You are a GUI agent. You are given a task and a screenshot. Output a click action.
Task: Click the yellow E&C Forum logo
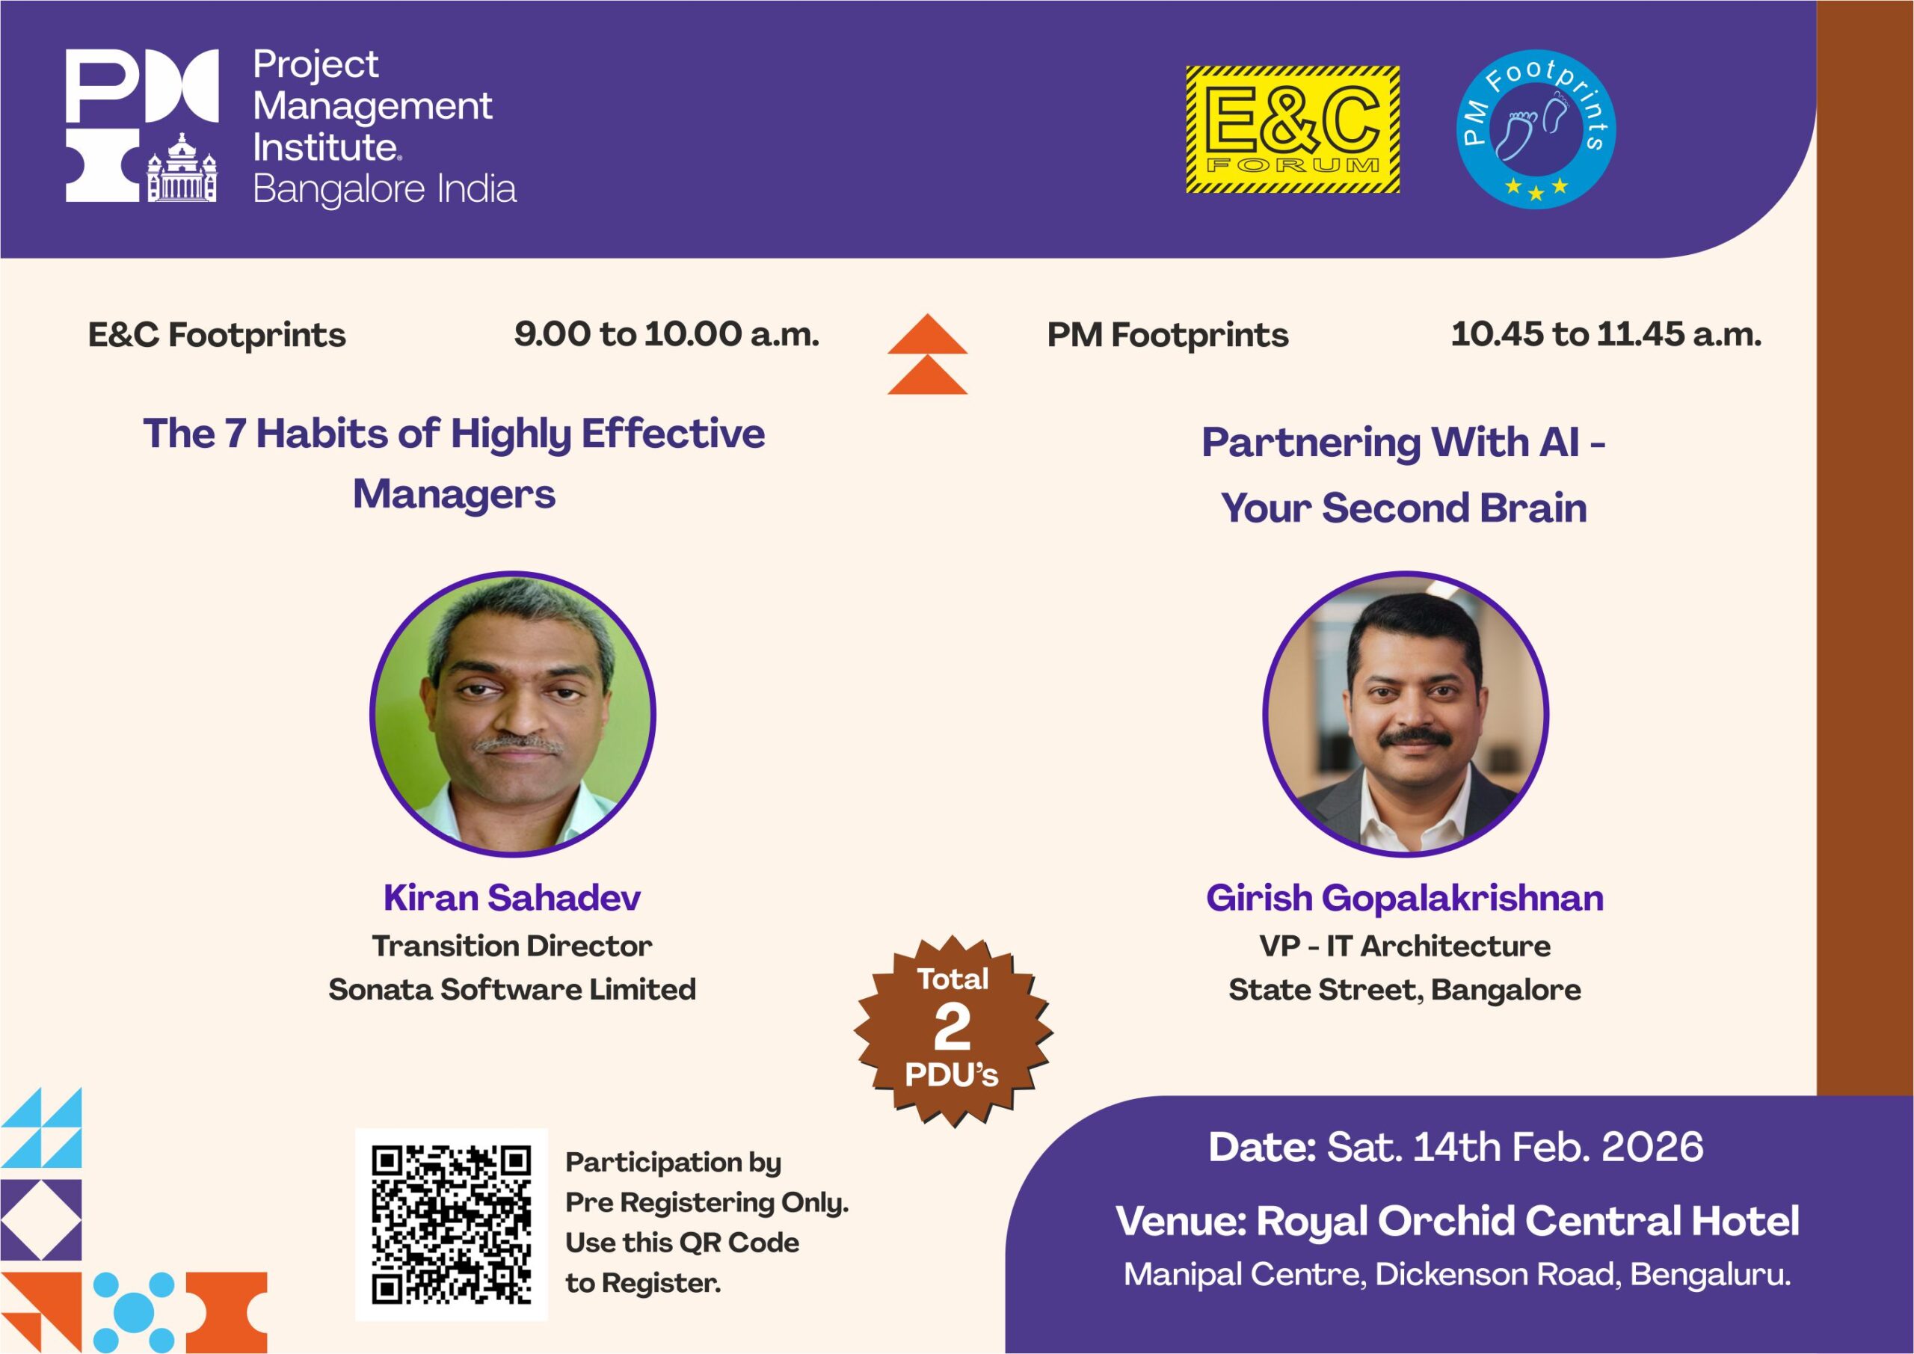click(1292, 130)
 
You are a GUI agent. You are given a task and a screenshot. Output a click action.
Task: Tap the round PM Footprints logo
click(1536, 129)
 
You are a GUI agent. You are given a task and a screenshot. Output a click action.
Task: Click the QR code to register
click(451, 1224)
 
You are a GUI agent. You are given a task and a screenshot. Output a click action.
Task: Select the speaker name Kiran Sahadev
click(512, 898)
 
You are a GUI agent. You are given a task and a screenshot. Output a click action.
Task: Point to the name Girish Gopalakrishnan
click(1405, 899)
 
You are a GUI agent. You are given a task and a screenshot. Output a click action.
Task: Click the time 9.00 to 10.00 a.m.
click(666, 334)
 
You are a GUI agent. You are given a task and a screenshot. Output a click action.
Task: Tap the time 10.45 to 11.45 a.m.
click(1607, 334)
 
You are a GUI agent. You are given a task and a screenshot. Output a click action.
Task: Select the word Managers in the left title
click(455, 494)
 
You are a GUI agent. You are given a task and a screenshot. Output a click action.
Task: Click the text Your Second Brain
click(1404, 508)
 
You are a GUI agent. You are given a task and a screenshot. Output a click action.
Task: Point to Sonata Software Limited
click(512, 990)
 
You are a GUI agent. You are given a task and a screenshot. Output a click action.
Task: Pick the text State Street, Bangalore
click(1405, 990)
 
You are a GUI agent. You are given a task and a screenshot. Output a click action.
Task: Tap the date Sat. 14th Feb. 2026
click(1515, 1147)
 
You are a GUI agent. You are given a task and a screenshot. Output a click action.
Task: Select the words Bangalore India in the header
click(384, 189)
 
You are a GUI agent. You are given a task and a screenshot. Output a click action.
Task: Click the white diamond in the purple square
click(41, 1219)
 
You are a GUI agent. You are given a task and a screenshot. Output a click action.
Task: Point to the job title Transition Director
click(512, 947)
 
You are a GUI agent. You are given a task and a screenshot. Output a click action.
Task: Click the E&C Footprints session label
click(217, 335)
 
